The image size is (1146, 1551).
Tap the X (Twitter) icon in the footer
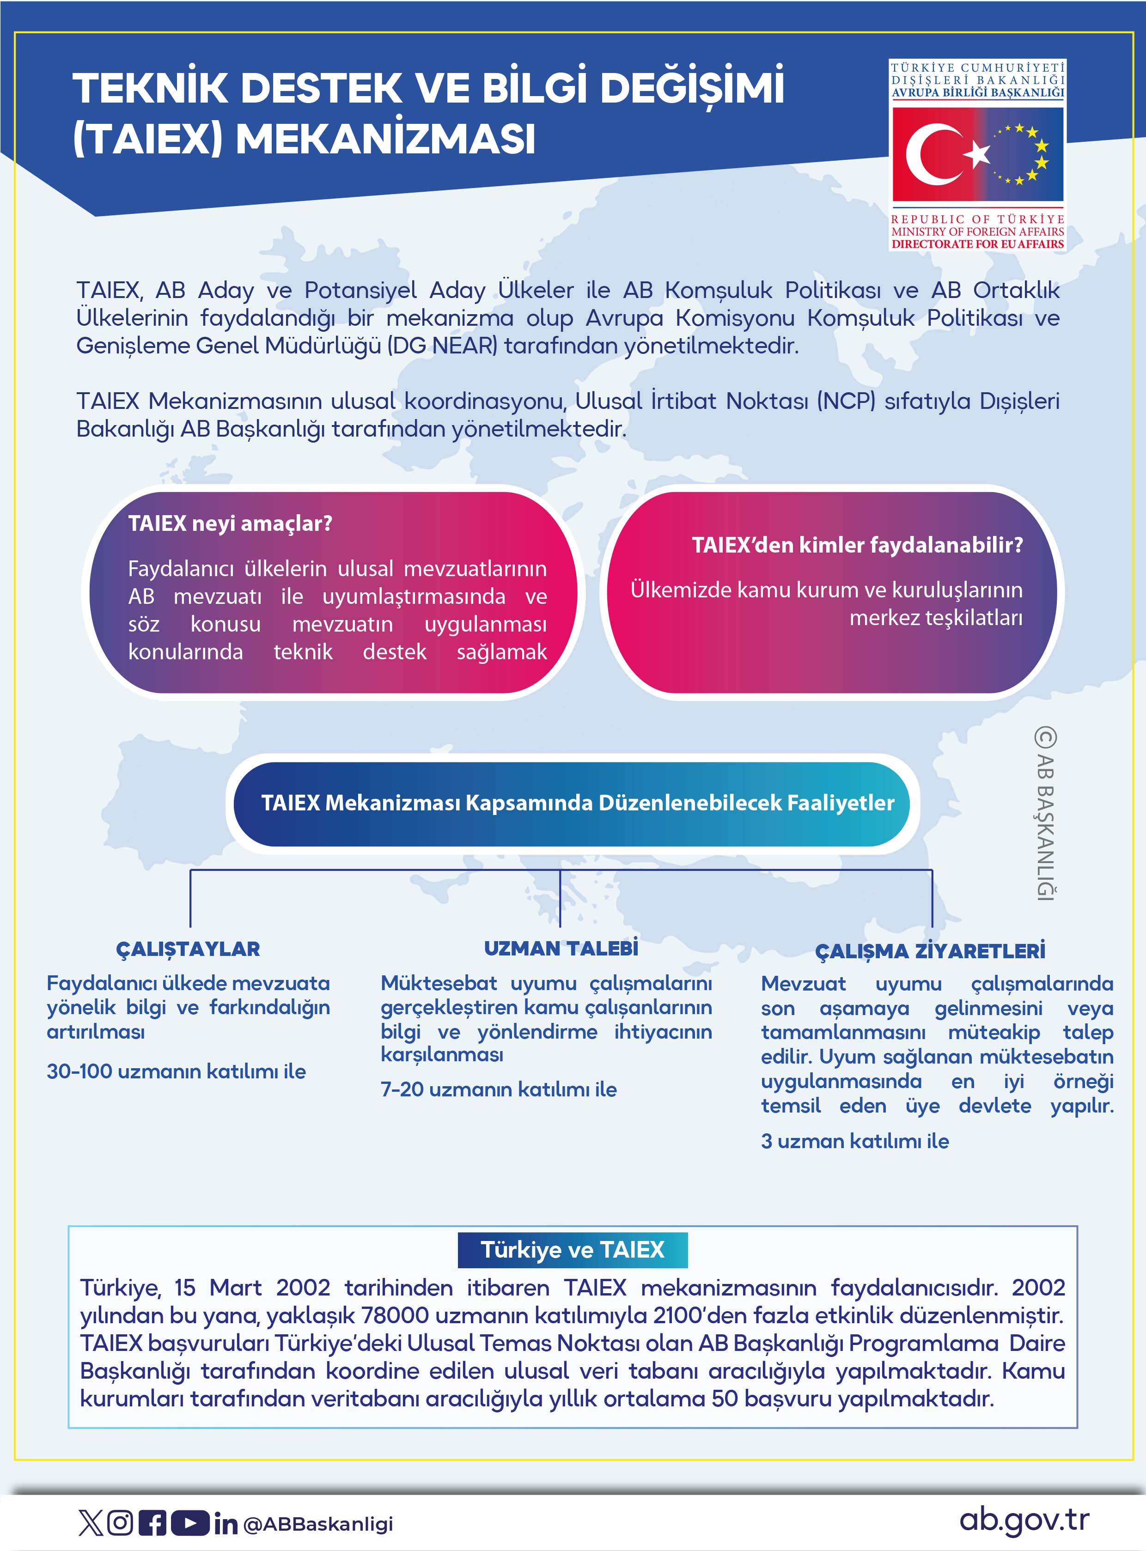click(x=90, y=1522)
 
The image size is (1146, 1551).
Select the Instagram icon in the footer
click(x=121, y=1522)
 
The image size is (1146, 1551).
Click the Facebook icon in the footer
click(x=152, y=1522)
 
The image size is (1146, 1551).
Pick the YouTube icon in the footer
click(x=189, y=1522)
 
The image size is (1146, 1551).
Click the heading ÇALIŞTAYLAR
click(x=188, y=949)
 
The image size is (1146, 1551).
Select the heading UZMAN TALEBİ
click(x=561, y=948)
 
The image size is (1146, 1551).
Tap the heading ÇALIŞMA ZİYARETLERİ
click(x=930, y=951)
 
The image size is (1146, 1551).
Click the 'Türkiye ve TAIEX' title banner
click(x=572, y=1249)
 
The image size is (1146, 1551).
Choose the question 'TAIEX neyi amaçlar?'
click(x=230, y=523)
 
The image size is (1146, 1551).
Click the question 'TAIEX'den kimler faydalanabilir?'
click(x=857, y=545)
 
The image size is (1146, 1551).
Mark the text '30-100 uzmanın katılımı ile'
click(x=176, y=1071)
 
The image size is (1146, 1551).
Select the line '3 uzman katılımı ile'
click(x=854, y=1141)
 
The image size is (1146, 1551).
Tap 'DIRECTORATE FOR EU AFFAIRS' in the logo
click(x=977, y=244)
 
